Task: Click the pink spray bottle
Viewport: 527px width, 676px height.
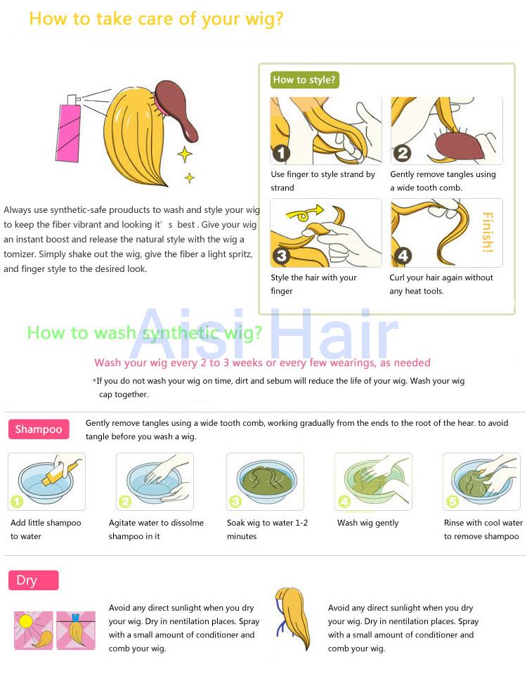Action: tap(69, 129)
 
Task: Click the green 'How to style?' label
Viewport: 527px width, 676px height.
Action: tap(304, 80)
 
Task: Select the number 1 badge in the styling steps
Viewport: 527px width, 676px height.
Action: tap(281, 153)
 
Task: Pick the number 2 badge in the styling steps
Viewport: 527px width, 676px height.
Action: tap(402, 153)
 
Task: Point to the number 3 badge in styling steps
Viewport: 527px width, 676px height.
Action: tap(281, 256)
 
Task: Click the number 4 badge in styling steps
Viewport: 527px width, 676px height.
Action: tap(403, 256)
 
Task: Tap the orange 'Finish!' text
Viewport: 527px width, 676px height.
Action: tap(488, 233)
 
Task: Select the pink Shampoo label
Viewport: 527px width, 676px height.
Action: tap(39, 429)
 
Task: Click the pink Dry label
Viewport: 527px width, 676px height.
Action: tap(33, 580)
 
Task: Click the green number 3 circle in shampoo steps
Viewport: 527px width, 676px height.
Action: tap(235, 502)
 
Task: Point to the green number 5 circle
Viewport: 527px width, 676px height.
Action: tap(452, 502)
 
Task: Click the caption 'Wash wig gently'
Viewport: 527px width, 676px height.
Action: tap(368, 523)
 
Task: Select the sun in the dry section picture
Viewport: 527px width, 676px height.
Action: tap(25, 621)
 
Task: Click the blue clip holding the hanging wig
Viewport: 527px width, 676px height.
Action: tap(76, 618)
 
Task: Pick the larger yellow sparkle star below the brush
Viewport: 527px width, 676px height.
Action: tap(185, 155)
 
